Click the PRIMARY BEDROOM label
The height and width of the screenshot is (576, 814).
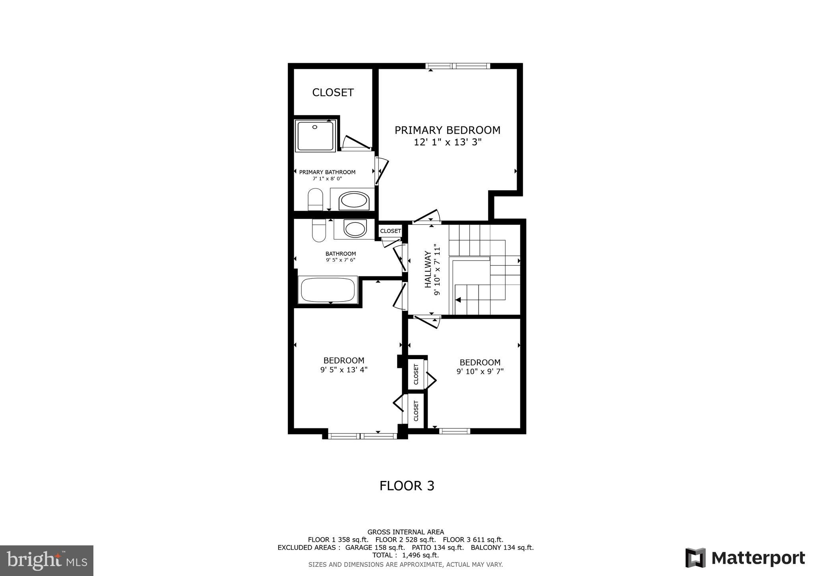click(447, 130)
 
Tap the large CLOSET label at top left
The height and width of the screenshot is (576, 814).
click(333, 92)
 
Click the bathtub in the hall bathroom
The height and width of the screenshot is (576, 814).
click(328, 290)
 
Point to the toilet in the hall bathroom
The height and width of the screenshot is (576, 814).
click(319, 231)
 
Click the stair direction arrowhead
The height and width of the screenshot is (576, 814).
click(458, 300)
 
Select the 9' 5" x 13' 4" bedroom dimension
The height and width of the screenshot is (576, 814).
click(344, 370)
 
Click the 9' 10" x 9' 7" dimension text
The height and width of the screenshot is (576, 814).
click(480, 372)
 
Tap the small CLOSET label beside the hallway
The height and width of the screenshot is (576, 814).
click(390, 231)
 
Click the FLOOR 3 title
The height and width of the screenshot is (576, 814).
click(407, 486)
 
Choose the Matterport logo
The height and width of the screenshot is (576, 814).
click(745, 558)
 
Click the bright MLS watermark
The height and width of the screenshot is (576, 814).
click(47, 561)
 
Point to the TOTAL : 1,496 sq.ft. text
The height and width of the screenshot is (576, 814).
click(405, 555)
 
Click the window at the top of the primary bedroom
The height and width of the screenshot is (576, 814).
click(457, 66)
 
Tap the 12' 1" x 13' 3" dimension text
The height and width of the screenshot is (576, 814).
click(448, 142)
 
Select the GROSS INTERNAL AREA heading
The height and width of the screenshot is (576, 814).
click(405, 532)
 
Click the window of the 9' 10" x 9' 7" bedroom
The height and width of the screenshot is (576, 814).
click(454, 431)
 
